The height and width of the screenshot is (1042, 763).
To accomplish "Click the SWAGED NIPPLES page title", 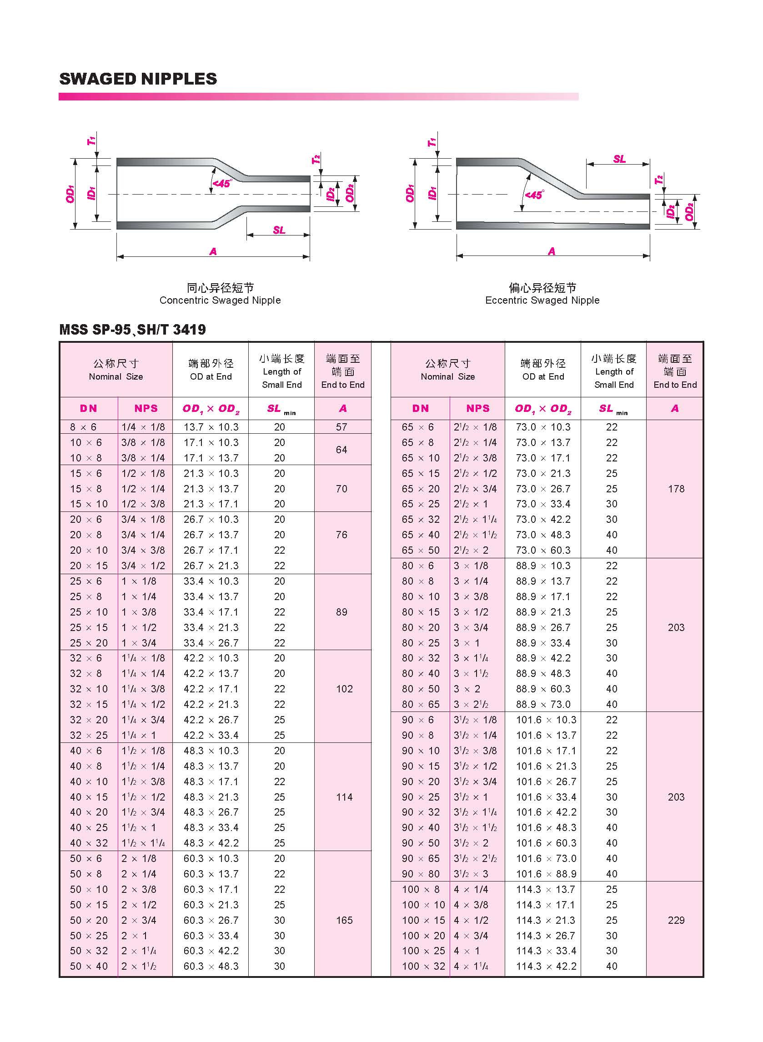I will click(138, 79).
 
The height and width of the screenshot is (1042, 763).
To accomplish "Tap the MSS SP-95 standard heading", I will click(132, 330).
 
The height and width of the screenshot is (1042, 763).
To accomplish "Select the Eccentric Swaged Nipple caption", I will click(542, 300).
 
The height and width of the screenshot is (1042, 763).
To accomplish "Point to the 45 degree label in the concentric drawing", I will click(222, 183).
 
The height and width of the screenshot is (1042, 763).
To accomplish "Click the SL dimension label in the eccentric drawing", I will click(619, 159).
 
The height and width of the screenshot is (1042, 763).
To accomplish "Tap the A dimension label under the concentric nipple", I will click(213, 251).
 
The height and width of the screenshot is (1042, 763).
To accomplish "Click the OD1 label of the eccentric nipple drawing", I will click(410, 194).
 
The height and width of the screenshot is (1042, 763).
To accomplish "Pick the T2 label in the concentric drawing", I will click(316, 160).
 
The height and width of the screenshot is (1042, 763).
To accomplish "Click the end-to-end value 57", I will click(341, 427).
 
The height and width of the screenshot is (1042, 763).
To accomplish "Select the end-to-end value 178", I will click(676, 489).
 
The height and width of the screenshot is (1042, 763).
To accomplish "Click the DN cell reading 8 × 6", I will click(83, 427).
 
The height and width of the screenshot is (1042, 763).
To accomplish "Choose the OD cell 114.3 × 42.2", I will click(545, 966).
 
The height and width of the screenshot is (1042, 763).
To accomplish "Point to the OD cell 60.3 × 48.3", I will click(211, 966).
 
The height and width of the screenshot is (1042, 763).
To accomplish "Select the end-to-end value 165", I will click(344, 920).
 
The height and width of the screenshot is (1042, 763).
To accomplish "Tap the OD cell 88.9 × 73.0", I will click(543, 705).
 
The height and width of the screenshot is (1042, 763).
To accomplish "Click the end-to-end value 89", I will click(341, 612).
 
